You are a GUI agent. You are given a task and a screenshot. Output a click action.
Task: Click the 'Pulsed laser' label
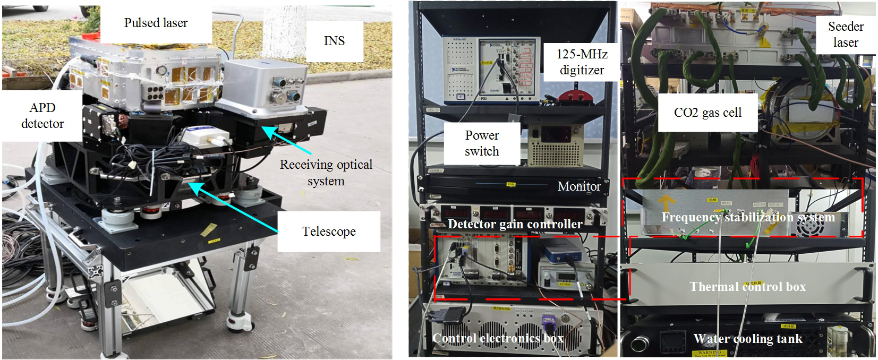(156, 23)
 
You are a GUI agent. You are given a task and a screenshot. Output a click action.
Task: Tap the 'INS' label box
(334, 41)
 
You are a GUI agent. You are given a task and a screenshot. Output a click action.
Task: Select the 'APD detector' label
(42, 116)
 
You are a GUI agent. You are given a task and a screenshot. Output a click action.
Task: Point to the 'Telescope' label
(329, 232)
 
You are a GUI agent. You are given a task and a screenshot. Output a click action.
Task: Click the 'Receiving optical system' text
(326, 173)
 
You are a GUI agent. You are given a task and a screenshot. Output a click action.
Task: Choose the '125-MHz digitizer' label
(582, 62)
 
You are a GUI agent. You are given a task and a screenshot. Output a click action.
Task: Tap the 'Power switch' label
(482, 143)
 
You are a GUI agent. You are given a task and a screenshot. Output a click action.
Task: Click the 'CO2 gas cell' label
(707, 113)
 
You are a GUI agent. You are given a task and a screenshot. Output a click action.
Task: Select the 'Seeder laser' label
(846, 35)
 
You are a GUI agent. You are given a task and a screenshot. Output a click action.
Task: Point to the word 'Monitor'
(579, 186)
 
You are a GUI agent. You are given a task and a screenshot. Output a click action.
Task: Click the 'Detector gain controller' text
(515, 224)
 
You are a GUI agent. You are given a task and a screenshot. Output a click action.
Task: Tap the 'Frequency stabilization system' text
(748, 217)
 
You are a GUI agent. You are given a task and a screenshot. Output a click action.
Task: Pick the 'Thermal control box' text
(747, 287)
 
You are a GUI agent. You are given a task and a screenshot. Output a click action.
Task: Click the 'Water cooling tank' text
(747, 339)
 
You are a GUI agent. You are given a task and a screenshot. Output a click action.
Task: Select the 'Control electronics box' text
(498, 338)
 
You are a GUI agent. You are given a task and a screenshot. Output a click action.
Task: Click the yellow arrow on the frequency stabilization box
(667, 203)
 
